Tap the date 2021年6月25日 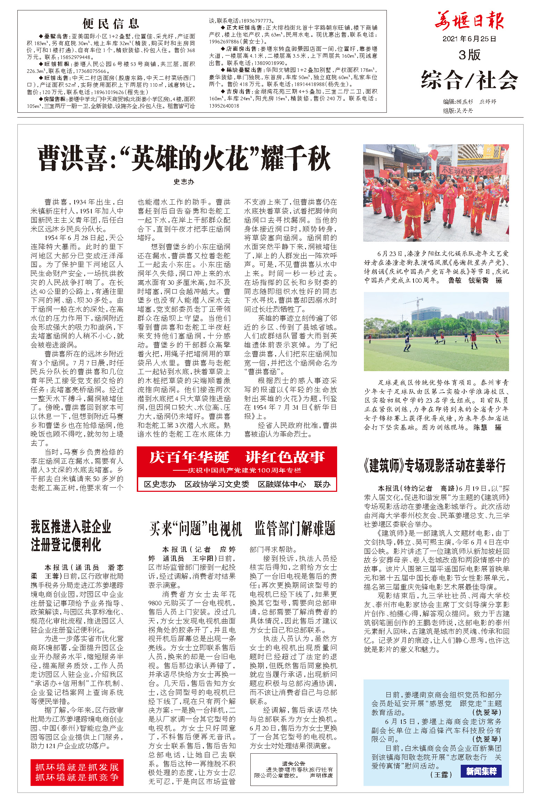point(469,39)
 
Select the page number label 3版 point(469,55)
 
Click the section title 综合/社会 point(469,80)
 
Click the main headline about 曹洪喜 point(184,159)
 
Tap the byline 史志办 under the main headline point(184,182)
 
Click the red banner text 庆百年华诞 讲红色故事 point(237,457)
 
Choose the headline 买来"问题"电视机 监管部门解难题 point(242,529)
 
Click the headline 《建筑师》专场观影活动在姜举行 point(435,465)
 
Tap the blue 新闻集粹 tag point(481,771)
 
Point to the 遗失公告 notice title point(293,763)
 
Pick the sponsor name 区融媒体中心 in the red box point(282,484)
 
